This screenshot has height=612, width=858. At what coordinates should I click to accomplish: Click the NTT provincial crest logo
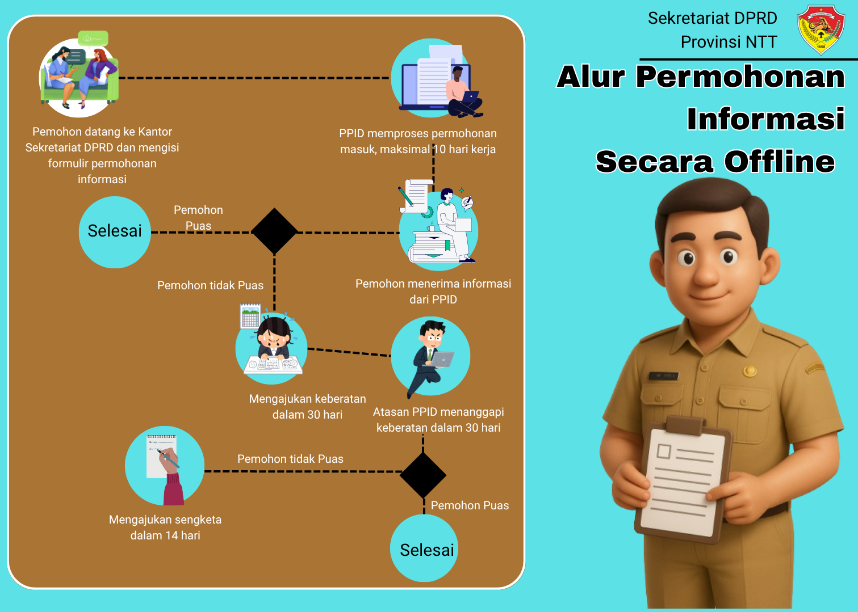[x=821, y=29]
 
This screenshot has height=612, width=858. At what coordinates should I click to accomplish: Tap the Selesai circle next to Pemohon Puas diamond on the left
[x=115, y=232]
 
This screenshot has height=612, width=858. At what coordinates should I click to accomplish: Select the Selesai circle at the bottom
[x=425, y=548]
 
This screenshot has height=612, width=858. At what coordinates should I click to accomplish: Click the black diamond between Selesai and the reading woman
[x=274, y=231]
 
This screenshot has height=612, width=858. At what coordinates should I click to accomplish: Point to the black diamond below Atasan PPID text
[x=423, y=475]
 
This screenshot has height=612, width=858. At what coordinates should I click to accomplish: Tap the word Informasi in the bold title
[x=765, y=119]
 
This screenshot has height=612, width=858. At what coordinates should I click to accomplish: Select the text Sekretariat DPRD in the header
[x=712, y=18]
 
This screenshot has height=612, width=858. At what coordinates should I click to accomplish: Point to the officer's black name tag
[x=664, y=375]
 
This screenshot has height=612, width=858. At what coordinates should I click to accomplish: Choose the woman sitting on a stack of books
[x=449, y=227]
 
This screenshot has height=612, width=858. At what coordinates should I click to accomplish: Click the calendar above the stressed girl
[x=250, y=316]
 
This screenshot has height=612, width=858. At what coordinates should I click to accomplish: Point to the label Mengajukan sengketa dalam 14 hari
[x=165, y=527]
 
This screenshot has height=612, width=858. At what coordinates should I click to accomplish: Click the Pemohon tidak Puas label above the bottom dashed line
[x=290, y=459]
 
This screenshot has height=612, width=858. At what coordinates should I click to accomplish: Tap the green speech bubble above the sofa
[x=93, y=38]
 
